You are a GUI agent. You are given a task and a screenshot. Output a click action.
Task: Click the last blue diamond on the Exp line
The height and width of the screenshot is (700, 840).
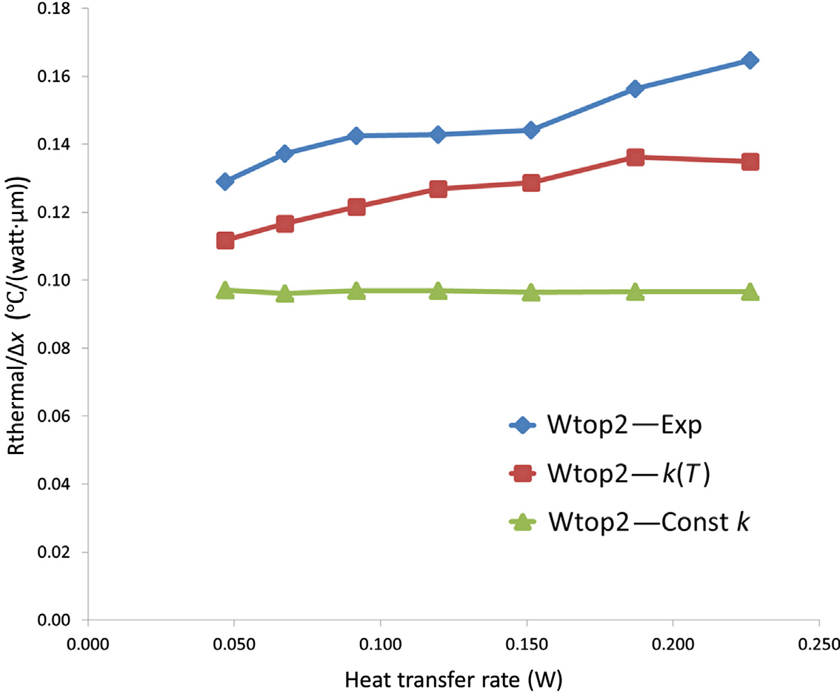click(750, 60)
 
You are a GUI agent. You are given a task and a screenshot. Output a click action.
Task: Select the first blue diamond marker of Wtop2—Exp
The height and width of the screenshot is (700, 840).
click(225, 181)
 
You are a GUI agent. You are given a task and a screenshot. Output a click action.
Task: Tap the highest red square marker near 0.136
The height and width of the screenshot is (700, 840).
click(635, 157)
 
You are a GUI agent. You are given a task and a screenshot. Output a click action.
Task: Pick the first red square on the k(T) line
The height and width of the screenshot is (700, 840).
click(225, 241)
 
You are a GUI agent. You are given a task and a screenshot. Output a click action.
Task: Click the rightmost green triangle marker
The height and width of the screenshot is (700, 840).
click(750, 292)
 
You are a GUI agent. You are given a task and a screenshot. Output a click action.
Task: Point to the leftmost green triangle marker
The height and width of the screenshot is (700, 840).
click(225, 290)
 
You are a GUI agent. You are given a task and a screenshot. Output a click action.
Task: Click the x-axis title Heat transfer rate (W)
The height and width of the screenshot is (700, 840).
click(453, 679)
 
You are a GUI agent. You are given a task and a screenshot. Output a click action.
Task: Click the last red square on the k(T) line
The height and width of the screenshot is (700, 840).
click(750, 161)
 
